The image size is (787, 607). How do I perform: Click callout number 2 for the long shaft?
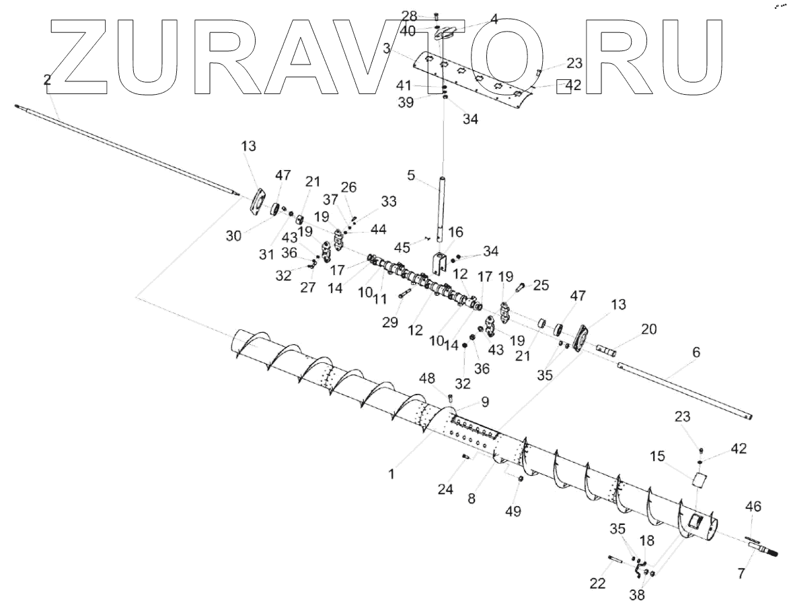[46, 80]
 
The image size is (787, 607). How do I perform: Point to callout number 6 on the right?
[696, 352]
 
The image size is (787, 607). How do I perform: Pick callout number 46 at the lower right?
[753, 506]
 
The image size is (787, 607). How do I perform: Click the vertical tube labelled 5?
[442, 208]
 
